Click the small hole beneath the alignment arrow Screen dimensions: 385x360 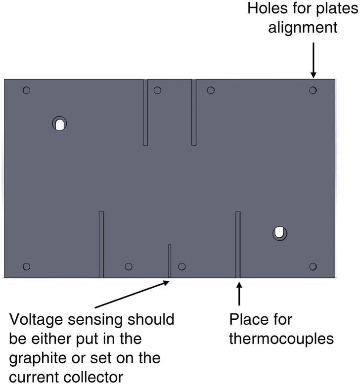click(x=313, y=90)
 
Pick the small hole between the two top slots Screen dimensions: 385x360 click(x=157, y=90)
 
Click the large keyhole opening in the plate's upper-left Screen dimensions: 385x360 click(x=59, y=123)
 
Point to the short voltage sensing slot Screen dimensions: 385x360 click(x=170, y=260)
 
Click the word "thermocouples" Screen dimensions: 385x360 click(x=282, y=340)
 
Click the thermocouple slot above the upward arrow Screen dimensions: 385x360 click(x=238, y=244)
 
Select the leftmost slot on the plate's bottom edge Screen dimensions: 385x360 click(x=101, y=244)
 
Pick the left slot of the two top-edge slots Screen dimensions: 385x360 click(x=145, y=112)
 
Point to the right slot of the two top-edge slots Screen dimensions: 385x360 click(x=194, y=112)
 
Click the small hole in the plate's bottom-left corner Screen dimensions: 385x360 click(x=27, y=266)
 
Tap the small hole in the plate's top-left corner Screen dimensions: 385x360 click(x=27, y=90)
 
